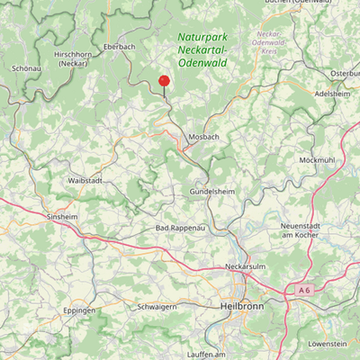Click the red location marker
(164, 80)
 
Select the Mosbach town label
(203, 136)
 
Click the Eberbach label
(120, 45)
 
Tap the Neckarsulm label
(246, 267)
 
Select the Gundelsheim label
(212, 193)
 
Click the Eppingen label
(79, 310)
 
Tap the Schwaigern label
(156, 306)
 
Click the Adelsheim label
(332, 93)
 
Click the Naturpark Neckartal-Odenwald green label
(202, 49)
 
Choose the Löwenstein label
(327, 344)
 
